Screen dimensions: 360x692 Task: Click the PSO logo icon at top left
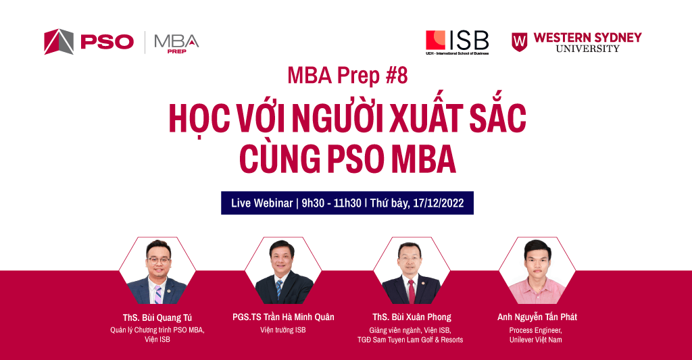pyautogui.click(x=58, y=41)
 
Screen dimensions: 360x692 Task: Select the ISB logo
pyautogui.click(x=457, y=41)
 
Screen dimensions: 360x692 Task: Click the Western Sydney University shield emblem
pyautogui.click(x=519, y=41)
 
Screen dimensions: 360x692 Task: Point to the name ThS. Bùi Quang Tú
pyautogui.click(x=157, y=317)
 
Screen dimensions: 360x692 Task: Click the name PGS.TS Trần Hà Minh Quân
pyautogui.click(x=283, y=317)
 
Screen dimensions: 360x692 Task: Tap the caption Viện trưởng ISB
pyautogui.click(x=283, y=330)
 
